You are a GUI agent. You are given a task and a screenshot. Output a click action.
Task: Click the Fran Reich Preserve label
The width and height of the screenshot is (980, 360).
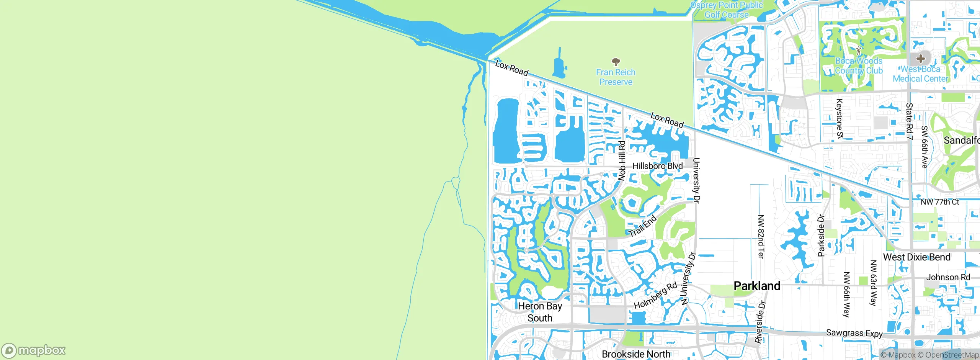616,77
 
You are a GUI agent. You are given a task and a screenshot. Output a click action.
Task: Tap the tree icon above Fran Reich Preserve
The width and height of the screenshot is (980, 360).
616,62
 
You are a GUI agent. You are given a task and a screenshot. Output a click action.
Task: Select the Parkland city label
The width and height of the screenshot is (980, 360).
757,286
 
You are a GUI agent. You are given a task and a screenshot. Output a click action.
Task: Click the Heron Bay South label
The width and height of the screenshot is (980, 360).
540,312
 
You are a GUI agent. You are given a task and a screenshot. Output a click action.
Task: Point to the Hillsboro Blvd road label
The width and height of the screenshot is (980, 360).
657,166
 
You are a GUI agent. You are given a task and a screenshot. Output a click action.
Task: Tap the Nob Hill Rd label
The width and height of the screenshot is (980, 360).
622,160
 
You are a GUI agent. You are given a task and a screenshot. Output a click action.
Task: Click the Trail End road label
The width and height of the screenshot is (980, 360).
643,226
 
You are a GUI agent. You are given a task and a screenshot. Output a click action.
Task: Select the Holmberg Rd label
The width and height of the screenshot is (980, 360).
656,295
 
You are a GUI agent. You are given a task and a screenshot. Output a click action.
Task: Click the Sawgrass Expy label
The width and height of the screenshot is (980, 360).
854,333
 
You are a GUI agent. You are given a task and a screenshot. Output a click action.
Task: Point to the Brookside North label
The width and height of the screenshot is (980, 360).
636,354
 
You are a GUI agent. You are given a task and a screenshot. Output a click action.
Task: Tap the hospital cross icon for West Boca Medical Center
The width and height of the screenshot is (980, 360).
921,59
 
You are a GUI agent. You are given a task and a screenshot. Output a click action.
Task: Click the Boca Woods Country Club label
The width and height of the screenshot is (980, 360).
859,66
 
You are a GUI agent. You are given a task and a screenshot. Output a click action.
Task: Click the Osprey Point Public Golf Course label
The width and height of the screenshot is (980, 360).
726,10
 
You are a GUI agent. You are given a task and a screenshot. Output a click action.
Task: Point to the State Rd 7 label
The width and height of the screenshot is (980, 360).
910,121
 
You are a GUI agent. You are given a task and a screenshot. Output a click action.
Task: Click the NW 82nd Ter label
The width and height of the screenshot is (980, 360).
761,236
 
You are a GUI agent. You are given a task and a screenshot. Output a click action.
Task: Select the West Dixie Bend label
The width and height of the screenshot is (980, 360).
916,257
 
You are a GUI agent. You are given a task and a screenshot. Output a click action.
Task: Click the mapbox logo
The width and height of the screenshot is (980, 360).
34,350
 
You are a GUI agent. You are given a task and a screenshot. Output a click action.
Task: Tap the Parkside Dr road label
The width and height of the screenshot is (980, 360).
821,235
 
